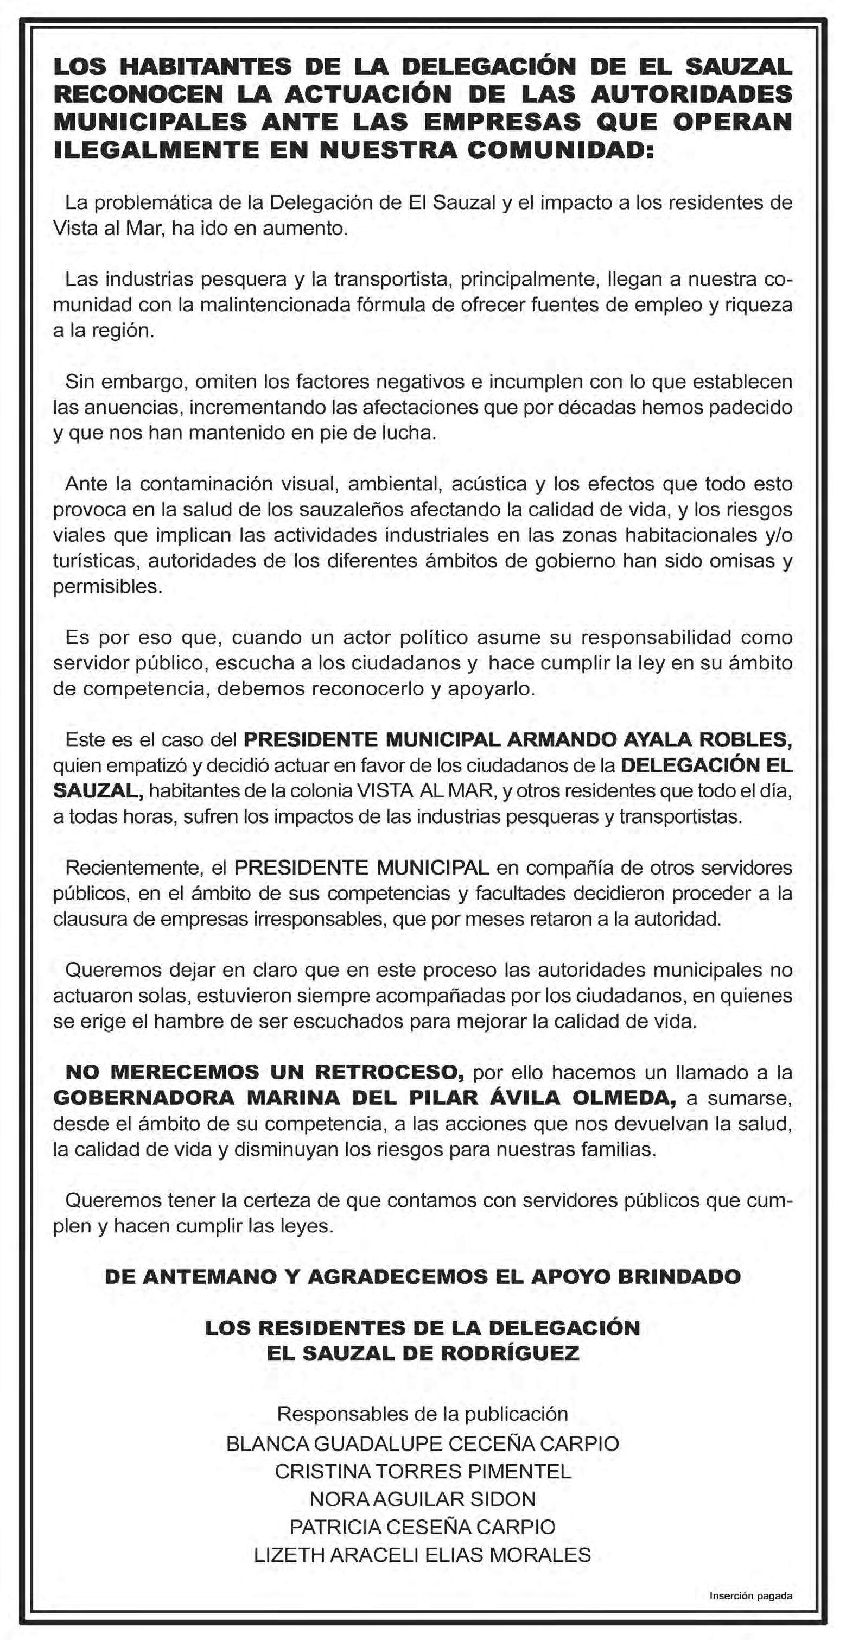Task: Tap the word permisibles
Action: click(x=107, y=586)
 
